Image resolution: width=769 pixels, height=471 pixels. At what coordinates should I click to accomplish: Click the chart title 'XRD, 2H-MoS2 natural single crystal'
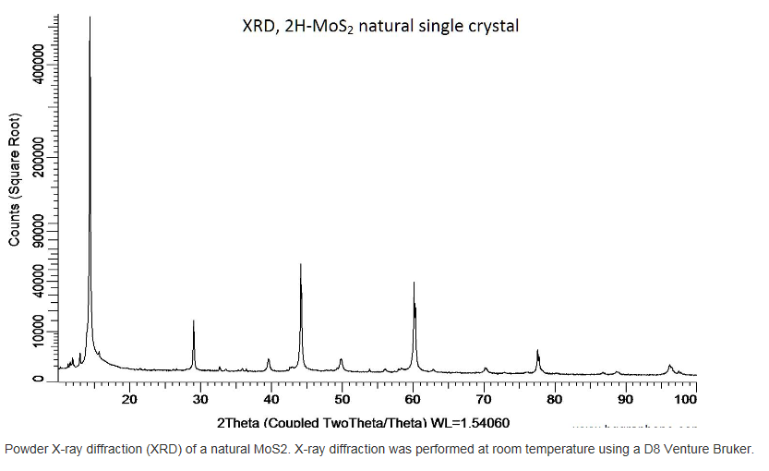click(374, 27)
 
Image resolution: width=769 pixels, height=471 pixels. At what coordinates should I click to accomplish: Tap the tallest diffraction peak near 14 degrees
click(90, 18)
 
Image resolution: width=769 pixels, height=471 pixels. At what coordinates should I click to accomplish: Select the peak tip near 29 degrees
click(193, 321)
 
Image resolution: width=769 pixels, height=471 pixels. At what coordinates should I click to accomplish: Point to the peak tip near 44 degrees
click(301, 265)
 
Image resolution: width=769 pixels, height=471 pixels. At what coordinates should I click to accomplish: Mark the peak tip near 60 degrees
click(414, 284)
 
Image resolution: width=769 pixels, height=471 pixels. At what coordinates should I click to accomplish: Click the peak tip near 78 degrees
click(537, 351)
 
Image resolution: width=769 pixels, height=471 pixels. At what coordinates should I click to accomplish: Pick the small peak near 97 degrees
click(670, 366)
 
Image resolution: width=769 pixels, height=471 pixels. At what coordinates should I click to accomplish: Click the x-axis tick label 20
click(129, 399)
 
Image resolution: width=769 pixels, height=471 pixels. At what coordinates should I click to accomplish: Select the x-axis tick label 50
click(342, 399)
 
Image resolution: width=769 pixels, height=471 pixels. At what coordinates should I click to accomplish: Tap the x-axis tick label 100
click(685, 399)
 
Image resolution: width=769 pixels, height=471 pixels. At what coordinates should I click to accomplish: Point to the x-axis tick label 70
click(483, 399)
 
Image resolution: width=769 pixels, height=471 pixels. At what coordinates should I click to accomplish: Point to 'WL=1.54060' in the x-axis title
click(470, 423)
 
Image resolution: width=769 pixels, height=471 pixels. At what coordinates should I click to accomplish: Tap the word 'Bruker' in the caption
click(733, 450)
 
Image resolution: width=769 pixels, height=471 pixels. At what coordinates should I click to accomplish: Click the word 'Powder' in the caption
click(25, 450)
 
